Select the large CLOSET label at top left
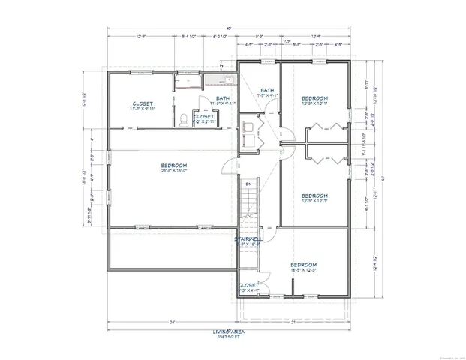point(143,103)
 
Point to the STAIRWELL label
point(247,240)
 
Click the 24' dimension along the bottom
point(172,322)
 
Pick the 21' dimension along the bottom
point(294,322)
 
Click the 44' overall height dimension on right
point(381,178)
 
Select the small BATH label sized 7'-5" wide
point(266,91)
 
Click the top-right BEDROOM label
point(314,98)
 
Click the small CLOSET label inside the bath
point(203,116)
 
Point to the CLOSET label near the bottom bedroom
point(248,285)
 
